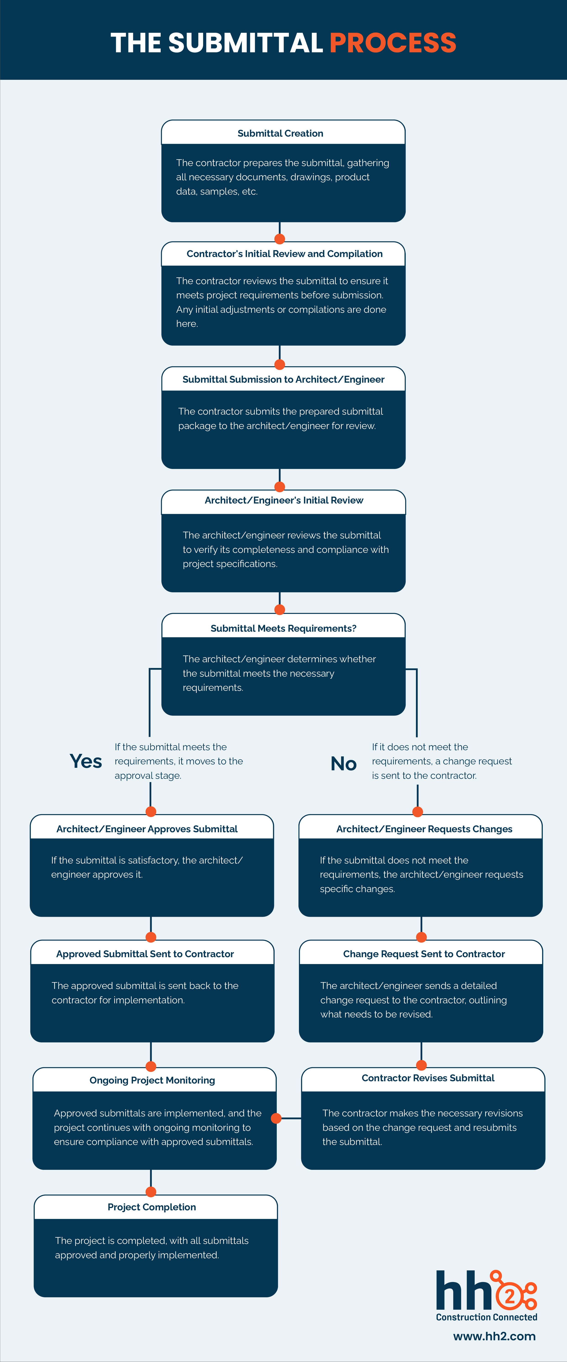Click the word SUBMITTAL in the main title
click(x=245, y=43)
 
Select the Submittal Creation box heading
click(x=280, y=133)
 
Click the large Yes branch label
click(x=86, y=761)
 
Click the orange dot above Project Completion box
click(x=151, y=1192)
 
